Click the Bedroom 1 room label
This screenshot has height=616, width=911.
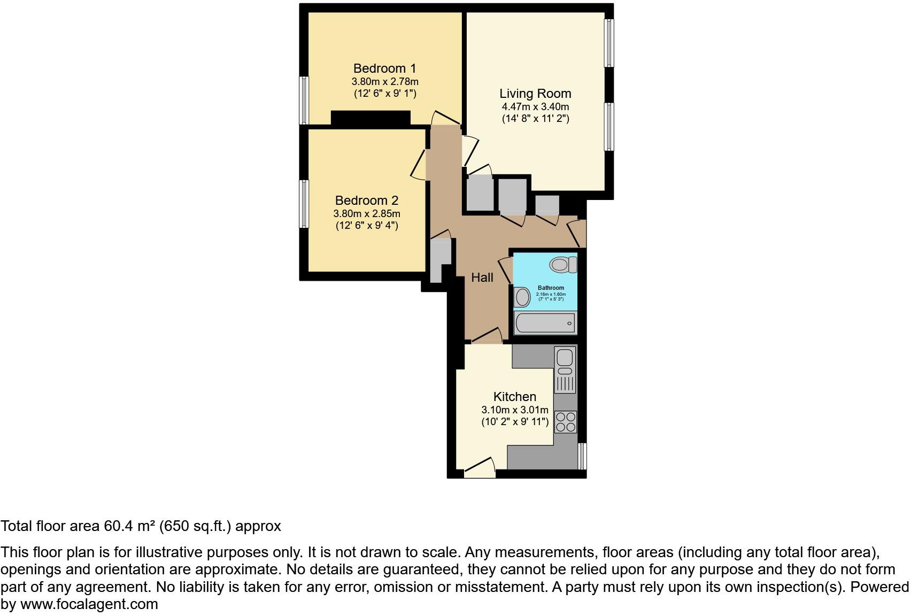[384, 68]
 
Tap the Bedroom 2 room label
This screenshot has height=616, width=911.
[366, 201]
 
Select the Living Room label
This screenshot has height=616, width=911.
[535, 94]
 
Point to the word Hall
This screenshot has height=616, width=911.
[482, 278]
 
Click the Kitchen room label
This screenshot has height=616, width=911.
[514, 397]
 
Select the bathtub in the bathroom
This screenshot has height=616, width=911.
[545, 323]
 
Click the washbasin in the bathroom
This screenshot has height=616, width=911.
[522, 297]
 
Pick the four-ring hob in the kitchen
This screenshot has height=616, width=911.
[566, 421]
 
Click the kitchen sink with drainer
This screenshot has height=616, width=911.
[565, 369]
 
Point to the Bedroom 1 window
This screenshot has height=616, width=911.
[304, 101]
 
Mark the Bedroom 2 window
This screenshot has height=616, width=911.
[304, 204]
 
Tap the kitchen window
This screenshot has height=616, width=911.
[583, 456]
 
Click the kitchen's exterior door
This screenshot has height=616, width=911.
[480, 469]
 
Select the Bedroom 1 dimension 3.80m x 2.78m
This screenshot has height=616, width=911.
[384, 82]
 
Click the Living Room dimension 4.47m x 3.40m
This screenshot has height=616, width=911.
[535, 107]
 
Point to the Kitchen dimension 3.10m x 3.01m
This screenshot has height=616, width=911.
[514, 410]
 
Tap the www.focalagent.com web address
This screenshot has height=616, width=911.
[89, 604]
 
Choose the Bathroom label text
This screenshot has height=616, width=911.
[551, 288]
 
